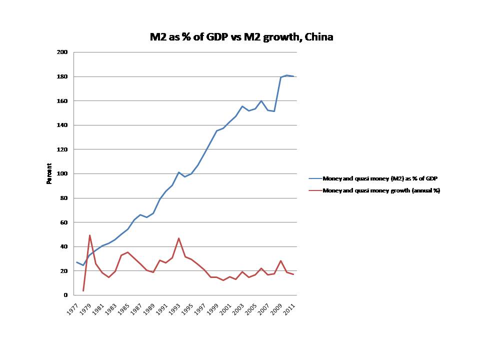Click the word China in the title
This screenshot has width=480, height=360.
pyautogui.click(x=319, y=37)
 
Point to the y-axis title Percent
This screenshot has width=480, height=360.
pyautogui.click(x=49, y=173)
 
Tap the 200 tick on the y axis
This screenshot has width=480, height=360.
pyautogui.click(x=63, y=52)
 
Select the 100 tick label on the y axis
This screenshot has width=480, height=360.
pyautogui.click(x=63, y=173)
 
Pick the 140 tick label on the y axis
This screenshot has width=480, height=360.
pyautogui.click(x=63, y=125)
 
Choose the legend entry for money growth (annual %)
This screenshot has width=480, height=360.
pyautogui.click(x=381, y=190)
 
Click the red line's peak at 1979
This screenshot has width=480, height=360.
pyautogui.click(x=89, y=235)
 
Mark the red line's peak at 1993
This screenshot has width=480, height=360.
pyautogui.click(x=178, y=238)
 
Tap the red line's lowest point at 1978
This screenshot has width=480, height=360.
pyautogui.click(x=83, y=290)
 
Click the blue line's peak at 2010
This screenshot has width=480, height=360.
pyautogui.click(x=286, y=75)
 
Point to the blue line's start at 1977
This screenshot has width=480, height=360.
pyautogui.click(x=76, y=262)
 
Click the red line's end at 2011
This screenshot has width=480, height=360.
pyautogui.click(x=293, y=274)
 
